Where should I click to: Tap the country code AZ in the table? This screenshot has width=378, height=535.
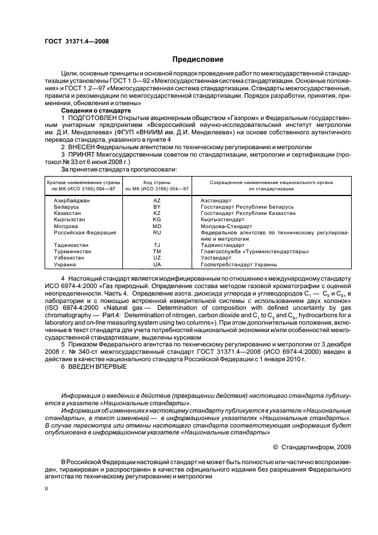tap(157, 201)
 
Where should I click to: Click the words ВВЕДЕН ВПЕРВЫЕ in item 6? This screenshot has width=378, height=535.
tap(98, 366)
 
